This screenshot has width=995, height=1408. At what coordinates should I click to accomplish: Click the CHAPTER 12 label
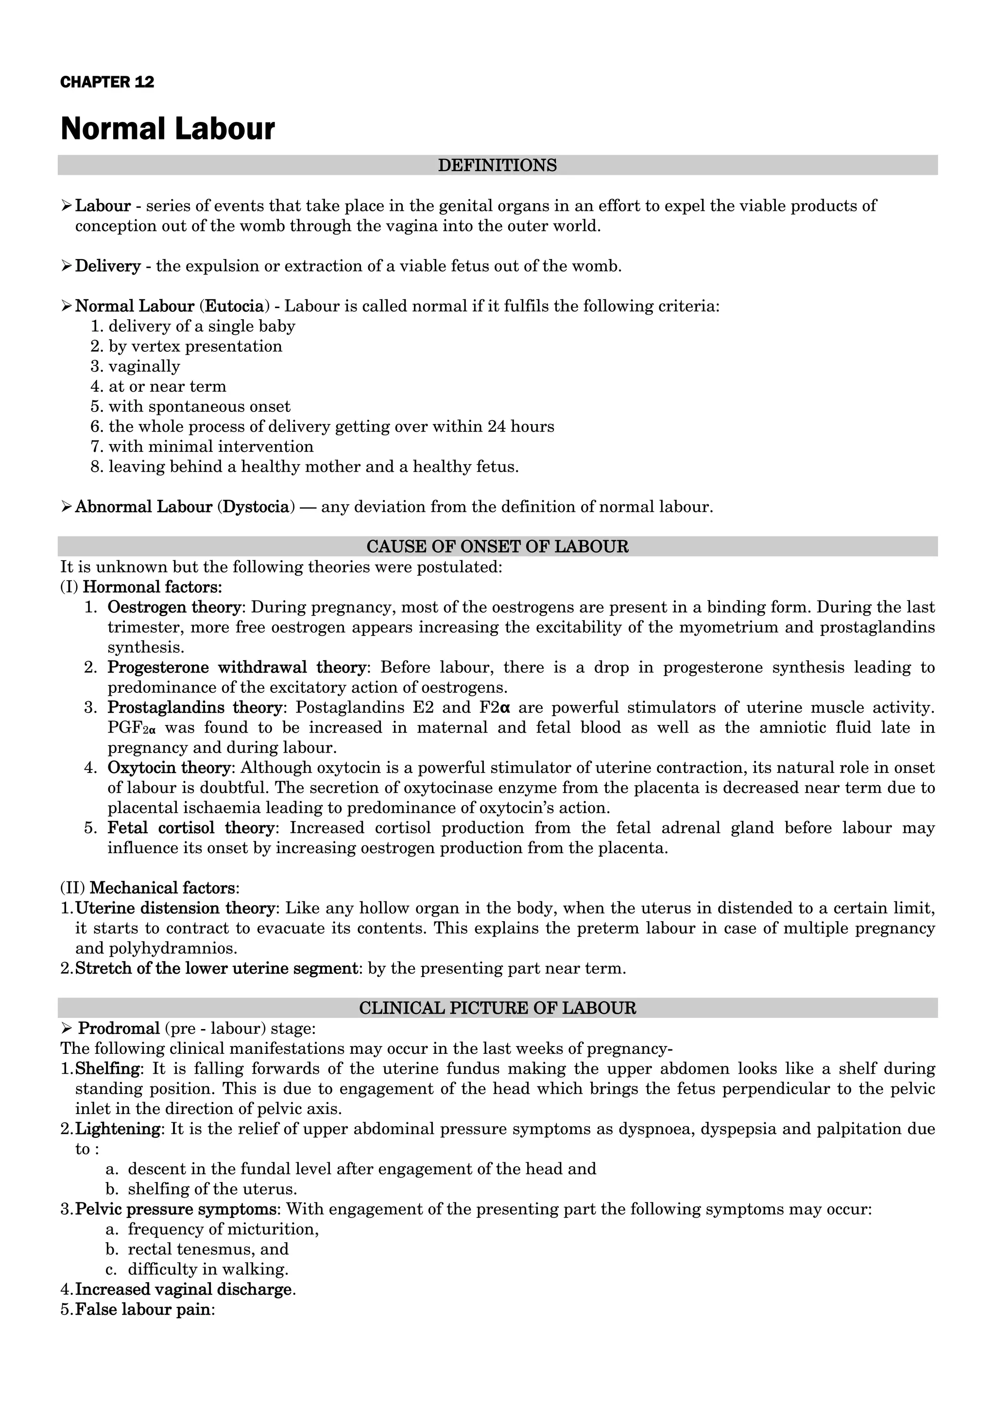pos(107,82)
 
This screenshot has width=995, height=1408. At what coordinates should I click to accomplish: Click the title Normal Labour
pos(167,129)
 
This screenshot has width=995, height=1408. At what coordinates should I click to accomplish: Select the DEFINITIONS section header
pos(497,166)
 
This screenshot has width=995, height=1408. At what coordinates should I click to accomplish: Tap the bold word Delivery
pos(108,266)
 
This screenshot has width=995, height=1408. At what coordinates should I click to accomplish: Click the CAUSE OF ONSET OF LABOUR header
pos(497,547)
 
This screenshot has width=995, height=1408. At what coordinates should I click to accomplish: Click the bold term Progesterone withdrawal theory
pos(237,667)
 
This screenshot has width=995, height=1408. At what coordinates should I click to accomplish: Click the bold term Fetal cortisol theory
pos(190,828)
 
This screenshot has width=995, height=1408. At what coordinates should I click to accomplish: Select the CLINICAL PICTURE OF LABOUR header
pos(497,1008)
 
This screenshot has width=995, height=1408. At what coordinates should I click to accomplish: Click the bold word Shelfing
pos(107,1068)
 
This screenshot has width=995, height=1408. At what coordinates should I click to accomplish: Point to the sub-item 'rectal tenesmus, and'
pos(208,1249)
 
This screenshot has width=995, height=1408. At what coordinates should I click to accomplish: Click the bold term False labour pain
pos(141,1309)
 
